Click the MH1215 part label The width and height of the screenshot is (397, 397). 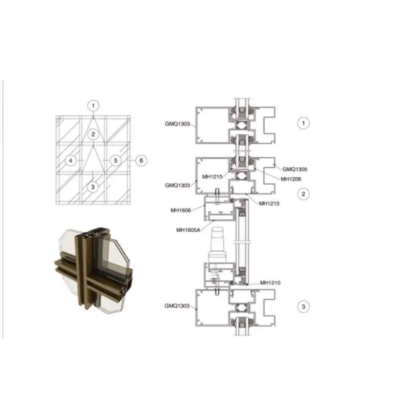pos(211,175)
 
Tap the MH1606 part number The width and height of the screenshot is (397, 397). pos(180,210)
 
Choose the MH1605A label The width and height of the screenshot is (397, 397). pos(189,229)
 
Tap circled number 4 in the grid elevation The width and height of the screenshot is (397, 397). pos(71,160)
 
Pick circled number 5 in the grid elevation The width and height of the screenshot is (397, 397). pos(115,160)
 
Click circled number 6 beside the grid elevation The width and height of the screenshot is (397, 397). pos(141,160)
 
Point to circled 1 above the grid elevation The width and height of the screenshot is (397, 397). pos(93,105)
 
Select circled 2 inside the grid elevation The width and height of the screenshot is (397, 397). pos(93,134)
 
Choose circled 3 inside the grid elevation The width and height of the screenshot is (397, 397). pos(93,187)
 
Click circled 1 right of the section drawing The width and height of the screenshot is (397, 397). pos(303,122)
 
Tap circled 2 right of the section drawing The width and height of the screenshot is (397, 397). pos(303,194)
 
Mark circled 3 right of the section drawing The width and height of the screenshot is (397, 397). pos(303,307)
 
